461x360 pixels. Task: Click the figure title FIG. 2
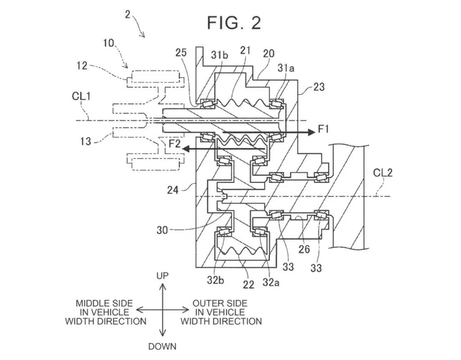[234, 23]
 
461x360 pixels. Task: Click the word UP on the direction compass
[163, 275]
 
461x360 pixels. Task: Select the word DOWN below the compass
[162, 346]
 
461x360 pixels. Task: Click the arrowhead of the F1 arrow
[312, 132]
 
